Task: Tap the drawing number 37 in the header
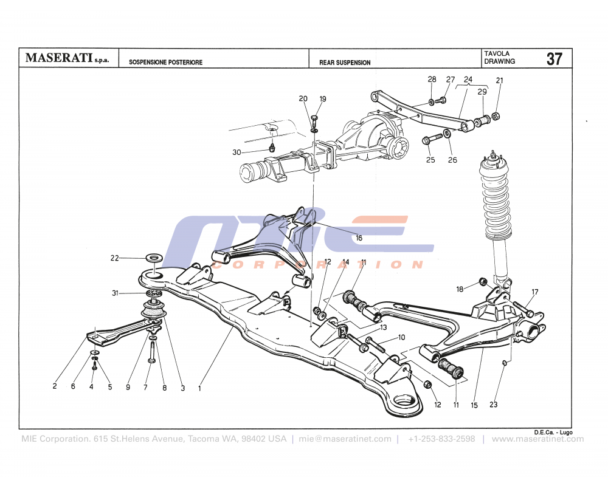(554, 59)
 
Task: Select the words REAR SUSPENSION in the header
(345, 63)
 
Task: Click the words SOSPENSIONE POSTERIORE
(165, 63)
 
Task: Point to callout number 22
(115, 258)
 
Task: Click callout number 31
(115, 294)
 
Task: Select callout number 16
(359, 238)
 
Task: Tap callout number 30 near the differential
(237, 152)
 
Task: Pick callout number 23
(493, 404)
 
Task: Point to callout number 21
(499, 81)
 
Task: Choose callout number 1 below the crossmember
(200, 387)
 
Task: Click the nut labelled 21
(496, 115)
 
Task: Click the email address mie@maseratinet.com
(345, 439)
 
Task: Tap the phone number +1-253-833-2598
(441, 439)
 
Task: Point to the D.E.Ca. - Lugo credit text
(553, 432)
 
